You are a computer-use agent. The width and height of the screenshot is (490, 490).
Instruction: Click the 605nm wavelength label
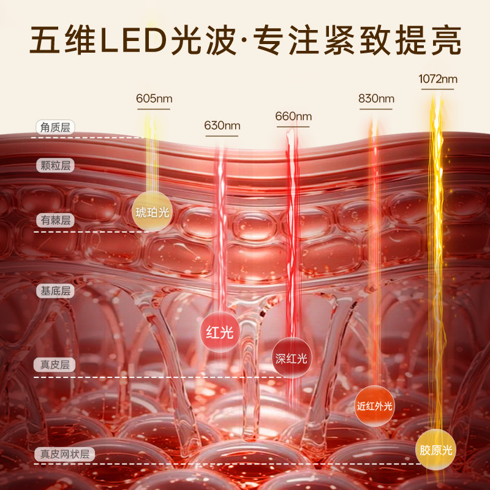pos(153,99)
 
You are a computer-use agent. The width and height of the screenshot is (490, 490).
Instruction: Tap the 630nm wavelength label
pos(222,126)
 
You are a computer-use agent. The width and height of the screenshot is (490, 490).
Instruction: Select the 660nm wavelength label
pos(293,116)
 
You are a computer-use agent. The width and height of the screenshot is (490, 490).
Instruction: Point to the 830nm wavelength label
pos(375,99)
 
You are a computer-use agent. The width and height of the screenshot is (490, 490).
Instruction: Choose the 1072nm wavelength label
pos(438,79)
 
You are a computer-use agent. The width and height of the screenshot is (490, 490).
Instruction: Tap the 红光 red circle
pos(219,333)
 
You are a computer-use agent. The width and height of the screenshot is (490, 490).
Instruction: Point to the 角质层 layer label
pos(54,127)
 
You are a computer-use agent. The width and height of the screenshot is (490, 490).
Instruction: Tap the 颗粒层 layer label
pos(54,165)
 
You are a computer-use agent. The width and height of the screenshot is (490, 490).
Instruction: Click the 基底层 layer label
pos(54,291)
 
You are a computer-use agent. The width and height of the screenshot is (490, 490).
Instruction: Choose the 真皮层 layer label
pos(54,365)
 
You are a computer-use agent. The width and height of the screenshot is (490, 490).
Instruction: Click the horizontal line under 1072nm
pos(438,89)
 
